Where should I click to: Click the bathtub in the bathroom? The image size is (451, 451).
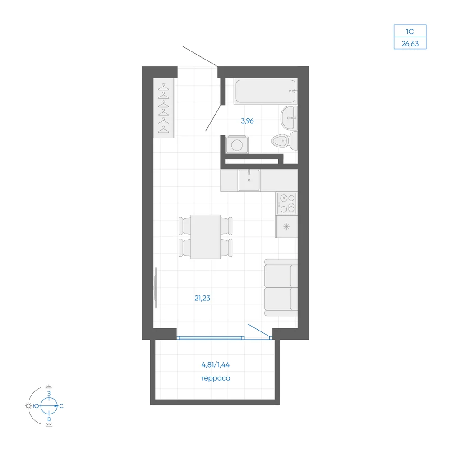tap(265, 91)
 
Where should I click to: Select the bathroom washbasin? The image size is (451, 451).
tap(289, 118)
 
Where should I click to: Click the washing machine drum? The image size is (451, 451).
tap(237, 145)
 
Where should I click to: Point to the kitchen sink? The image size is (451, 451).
tap(249, 180)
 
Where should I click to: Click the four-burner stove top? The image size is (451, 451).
tap(286, 203)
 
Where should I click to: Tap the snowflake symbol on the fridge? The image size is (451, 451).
tap(286, 226)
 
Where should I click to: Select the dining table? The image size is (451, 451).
tap(205, 237)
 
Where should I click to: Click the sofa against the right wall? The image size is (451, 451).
tap(281, 288)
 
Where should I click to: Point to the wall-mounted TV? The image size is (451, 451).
tap(156, 288)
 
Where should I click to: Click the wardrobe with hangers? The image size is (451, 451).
tap(164, 108)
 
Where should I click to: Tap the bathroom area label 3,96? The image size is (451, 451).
tap(247, 121)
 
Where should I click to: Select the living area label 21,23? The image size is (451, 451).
tap(202, 298)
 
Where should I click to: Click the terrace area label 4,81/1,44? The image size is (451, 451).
tap(216, 365)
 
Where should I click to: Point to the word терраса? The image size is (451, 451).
tap(216, 378)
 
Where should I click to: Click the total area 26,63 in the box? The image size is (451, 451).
tap(410, 44)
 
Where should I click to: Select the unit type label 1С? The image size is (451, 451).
tap(410, 32)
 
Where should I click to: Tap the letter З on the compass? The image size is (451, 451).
tap(49, 393)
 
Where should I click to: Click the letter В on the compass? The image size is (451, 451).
tap(49, 419)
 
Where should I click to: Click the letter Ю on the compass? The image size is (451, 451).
tap(36, 406)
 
